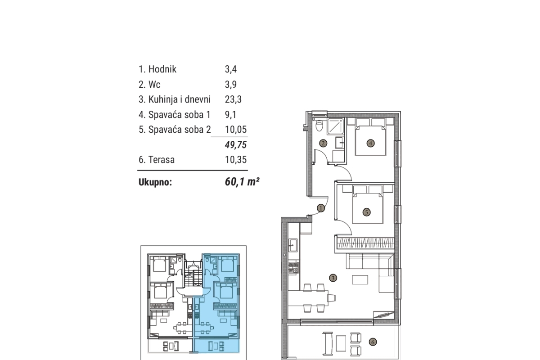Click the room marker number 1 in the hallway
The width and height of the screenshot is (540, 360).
[x=320, y=208]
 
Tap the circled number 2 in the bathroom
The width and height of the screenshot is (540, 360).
[x=323, y=144]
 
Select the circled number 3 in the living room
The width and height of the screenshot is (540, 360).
[x=333, y=278]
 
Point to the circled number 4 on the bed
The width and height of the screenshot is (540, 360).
[x=370, y=144]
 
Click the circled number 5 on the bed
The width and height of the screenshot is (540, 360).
[x=367, y=211]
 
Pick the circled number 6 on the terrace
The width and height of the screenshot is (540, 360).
[x=372, y=342]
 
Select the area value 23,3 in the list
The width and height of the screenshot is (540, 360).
[x=233, y=99]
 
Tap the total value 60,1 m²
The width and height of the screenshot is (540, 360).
[x=242, y=183]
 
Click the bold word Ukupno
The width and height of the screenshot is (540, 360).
[x=155, y=183]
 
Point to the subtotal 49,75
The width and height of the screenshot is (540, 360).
[x=236, y=144]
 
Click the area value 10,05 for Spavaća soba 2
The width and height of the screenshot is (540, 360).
[x=236, y=130]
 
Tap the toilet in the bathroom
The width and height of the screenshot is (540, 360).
[x=319, y=126]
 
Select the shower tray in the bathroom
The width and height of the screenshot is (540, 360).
[x=335, y=126]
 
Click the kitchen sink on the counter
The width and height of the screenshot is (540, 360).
[x=293, y=245]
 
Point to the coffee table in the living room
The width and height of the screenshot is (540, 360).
[x=360, y=280]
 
